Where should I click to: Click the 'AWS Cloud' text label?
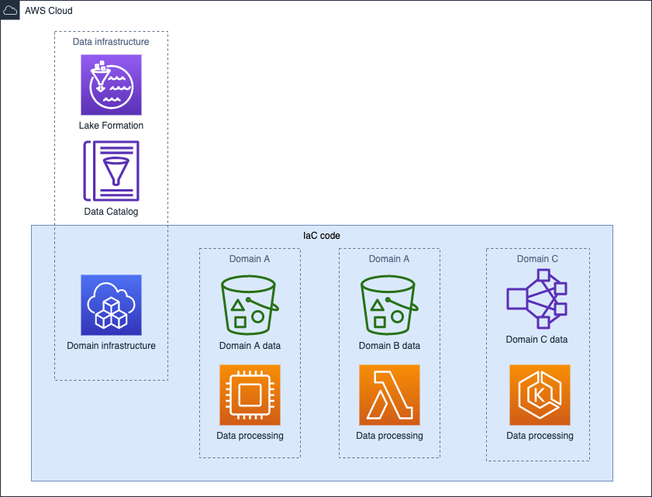pos(49,12)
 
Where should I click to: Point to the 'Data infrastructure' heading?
pos(111,42)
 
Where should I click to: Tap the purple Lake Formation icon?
pos(111,85)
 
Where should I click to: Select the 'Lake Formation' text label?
pos(111,126)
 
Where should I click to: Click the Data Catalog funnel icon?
pos(111,171)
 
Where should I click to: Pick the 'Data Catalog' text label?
pos(111,212)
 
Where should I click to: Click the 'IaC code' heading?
pos(321,235)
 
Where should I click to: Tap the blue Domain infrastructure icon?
pos(111,305)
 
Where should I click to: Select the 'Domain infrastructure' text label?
pos(111,346)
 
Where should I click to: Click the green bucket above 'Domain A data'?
pos(250,305)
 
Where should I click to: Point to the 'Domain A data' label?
pos(250,346)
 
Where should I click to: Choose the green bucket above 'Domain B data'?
pos(389,305)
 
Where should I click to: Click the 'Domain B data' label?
pos(389,346)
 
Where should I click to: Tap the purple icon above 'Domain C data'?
pos(536,299)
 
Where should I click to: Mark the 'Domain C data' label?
pos(536,339)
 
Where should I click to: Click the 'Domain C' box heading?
pos(537,259)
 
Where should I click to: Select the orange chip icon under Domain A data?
pos(250,395)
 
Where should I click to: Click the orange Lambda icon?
pos(389,395)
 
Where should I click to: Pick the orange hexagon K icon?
pos(540,395)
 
